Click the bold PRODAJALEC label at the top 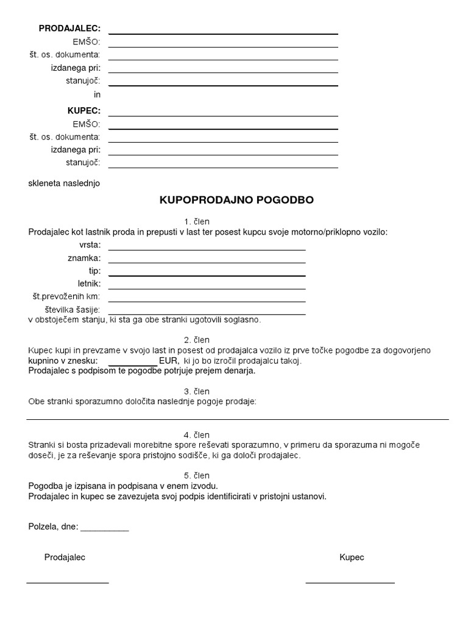[69, 29]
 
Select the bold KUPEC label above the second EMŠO [83, 111]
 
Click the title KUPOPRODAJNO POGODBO [236, 200]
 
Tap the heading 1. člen [196, 221]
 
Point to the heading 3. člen [196, 391]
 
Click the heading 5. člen [196, 475]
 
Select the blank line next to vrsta [207, 249]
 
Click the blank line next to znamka [207, 263]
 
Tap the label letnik [89, 283]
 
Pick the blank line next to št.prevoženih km [207, 301]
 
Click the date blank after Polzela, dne [104, 531]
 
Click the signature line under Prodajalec [68, 583]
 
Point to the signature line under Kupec [350, 583]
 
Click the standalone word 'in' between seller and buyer [97, 94]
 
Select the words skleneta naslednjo [64, 183]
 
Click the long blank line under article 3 [238, 419]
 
